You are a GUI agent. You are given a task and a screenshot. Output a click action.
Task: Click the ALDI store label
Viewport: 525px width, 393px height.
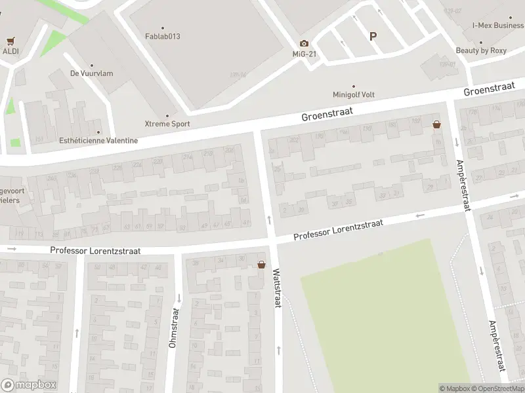10,51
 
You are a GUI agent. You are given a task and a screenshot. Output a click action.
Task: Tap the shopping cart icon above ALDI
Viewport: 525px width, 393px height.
10,41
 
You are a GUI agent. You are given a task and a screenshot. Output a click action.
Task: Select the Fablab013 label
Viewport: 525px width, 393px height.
163,36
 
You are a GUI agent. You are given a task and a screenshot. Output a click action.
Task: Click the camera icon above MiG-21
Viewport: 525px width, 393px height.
304,43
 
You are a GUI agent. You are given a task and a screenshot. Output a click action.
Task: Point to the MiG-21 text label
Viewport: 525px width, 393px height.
304,54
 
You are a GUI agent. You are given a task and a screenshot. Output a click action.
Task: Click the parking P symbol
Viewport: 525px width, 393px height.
373,37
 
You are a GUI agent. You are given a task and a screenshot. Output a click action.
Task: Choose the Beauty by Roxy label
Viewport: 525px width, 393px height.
482,50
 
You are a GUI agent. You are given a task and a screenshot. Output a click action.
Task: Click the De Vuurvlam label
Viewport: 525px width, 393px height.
91,73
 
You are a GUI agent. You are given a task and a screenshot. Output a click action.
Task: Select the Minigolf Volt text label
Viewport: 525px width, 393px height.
354,94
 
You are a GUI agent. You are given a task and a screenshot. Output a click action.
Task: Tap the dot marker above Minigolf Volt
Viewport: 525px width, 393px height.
354,85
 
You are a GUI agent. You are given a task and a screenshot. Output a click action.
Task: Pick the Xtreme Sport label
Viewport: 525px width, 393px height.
167,123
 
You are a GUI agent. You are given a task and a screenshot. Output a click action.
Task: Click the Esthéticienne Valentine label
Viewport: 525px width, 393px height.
98,140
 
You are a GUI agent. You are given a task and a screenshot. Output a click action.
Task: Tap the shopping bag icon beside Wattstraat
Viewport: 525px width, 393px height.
262,265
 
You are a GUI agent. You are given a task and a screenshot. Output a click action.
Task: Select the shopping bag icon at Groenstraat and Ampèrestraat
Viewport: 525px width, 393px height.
436,124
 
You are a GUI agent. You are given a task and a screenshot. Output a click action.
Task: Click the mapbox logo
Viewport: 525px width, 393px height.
28,385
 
